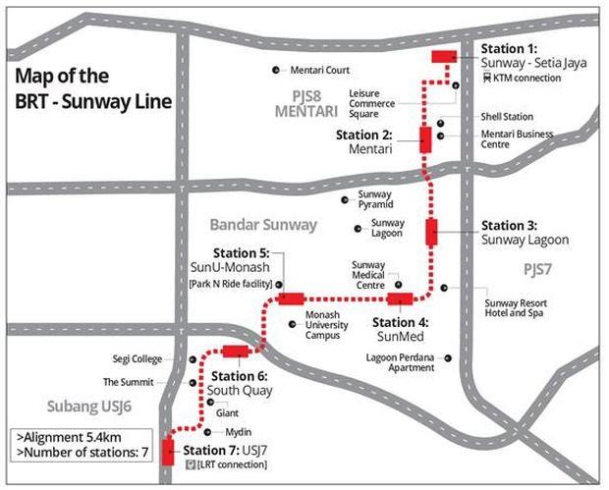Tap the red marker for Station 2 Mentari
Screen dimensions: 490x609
point(426,139)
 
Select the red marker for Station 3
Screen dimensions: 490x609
point(431,232)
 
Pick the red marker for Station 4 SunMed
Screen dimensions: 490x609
point(401,299)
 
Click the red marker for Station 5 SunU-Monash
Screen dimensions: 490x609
point(291,299)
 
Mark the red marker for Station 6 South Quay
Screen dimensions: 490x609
point(236,352)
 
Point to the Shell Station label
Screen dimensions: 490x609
point(507,117)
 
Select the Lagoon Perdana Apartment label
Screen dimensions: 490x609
point(398,362)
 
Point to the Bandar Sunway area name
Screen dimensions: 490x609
point(263,225)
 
